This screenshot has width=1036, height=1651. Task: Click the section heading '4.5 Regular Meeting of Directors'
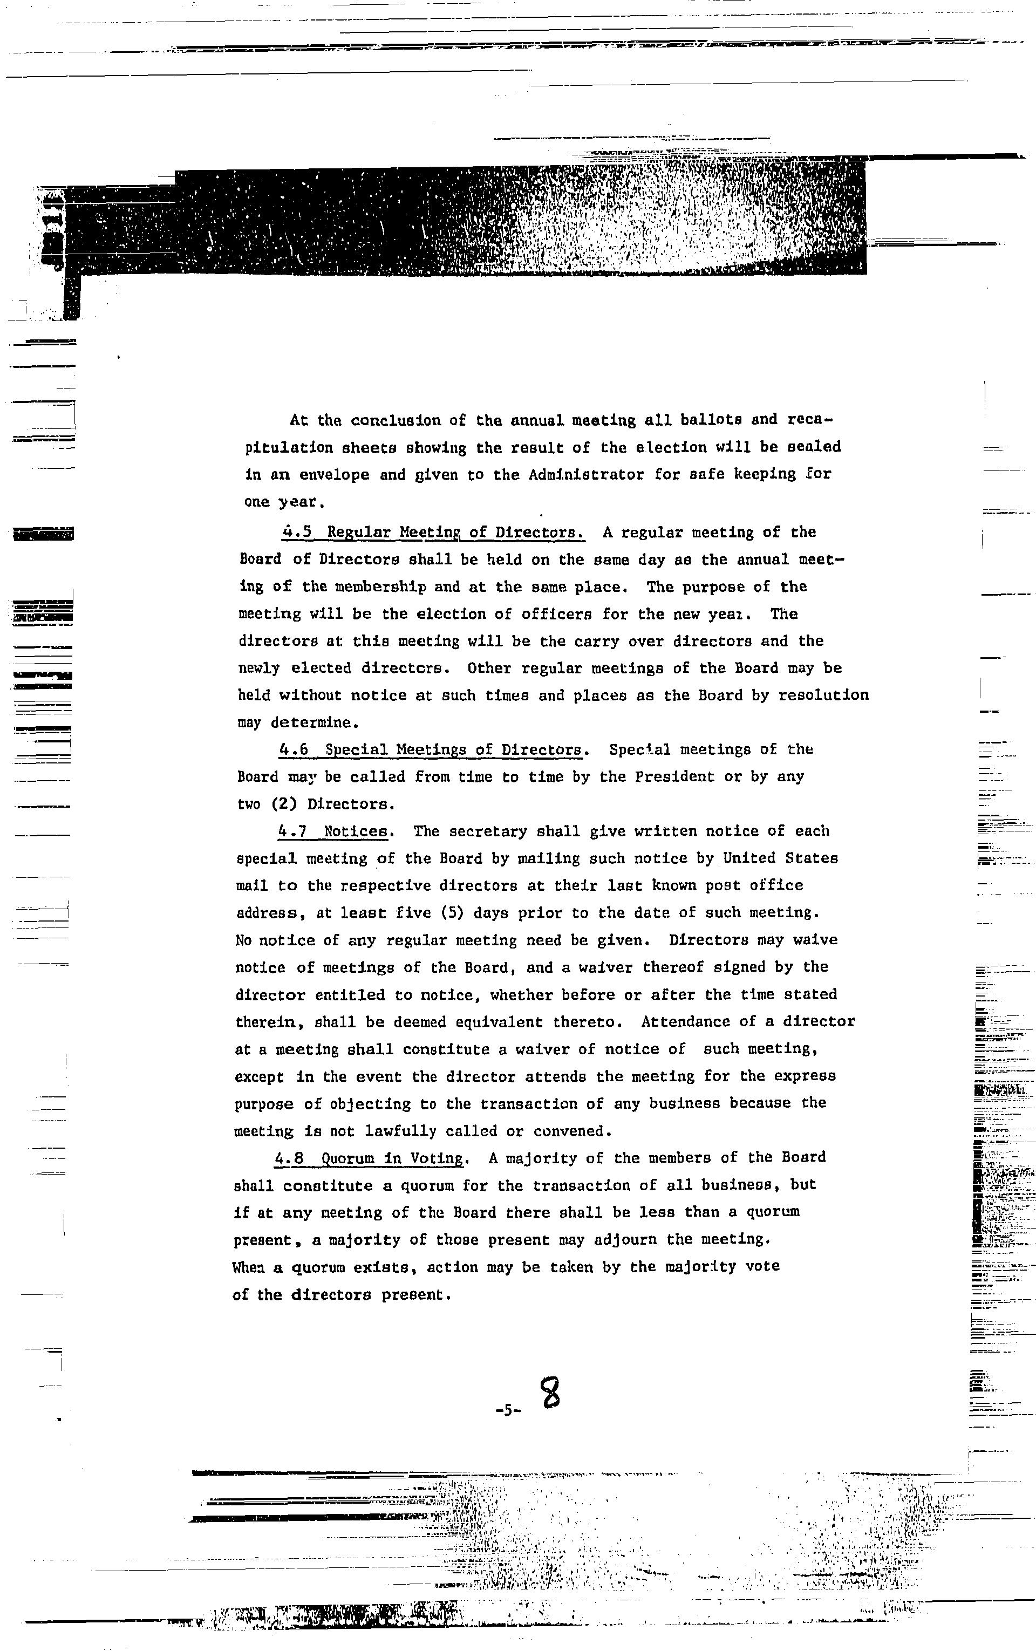click(433, 533)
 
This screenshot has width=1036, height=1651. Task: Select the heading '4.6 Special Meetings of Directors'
click(433, 749)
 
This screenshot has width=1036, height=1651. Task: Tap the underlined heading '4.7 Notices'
click(335, 831)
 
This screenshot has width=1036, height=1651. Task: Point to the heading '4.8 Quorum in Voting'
click(371, 1158)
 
